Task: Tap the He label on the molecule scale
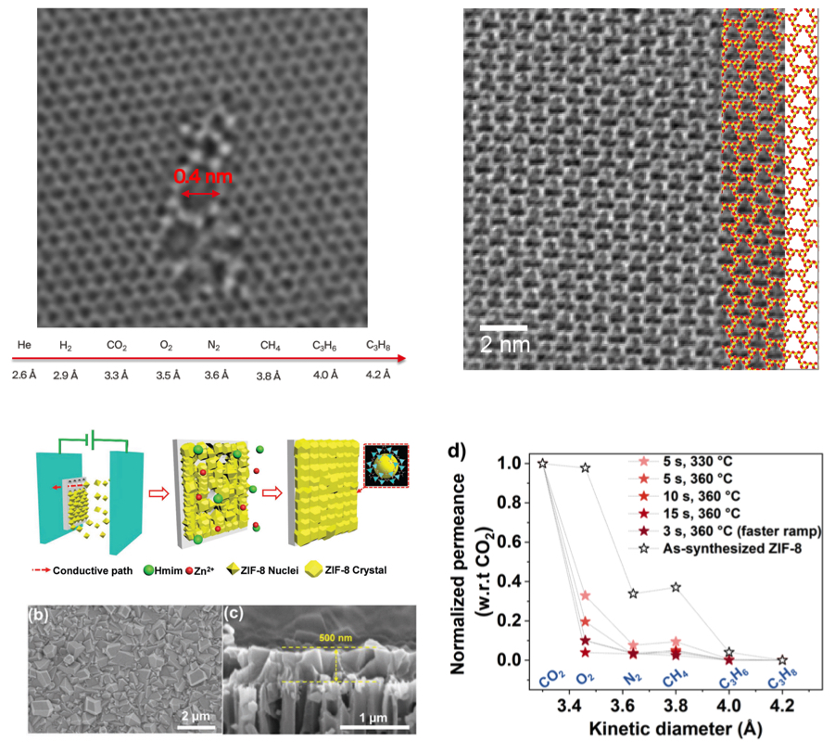click(24, 345)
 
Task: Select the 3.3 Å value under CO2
click(116, 374)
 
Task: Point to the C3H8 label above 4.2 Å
click(377, 345)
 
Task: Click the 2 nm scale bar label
click(502, 344)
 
